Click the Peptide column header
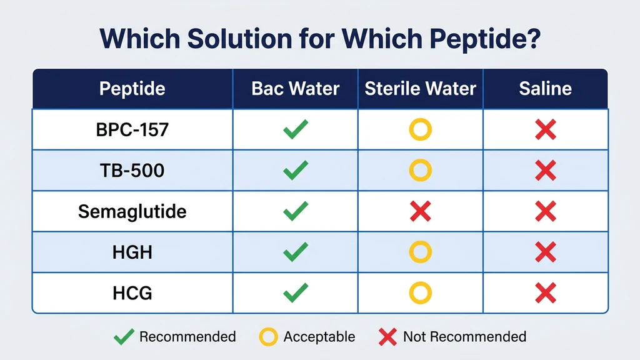[132, 89]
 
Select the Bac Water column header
[295, 89]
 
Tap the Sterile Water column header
[420, 89]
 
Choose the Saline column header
[545, 89]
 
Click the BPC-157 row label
[132, 130]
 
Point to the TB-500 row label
[132, 170]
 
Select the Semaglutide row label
[132, 211]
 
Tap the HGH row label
[132, 252]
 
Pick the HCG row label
[132, 292]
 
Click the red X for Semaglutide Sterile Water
[420, 211]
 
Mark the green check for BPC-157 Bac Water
[295, 130]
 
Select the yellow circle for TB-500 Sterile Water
[420, 170]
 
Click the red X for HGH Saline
[546, 252]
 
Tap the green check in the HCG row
[295, 292]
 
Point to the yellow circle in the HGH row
[420, 252]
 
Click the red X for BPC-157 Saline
[546, 130]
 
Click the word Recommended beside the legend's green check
[187, 337]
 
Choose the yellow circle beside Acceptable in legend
[268, 337]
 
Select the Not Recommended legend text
[464, 337]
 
